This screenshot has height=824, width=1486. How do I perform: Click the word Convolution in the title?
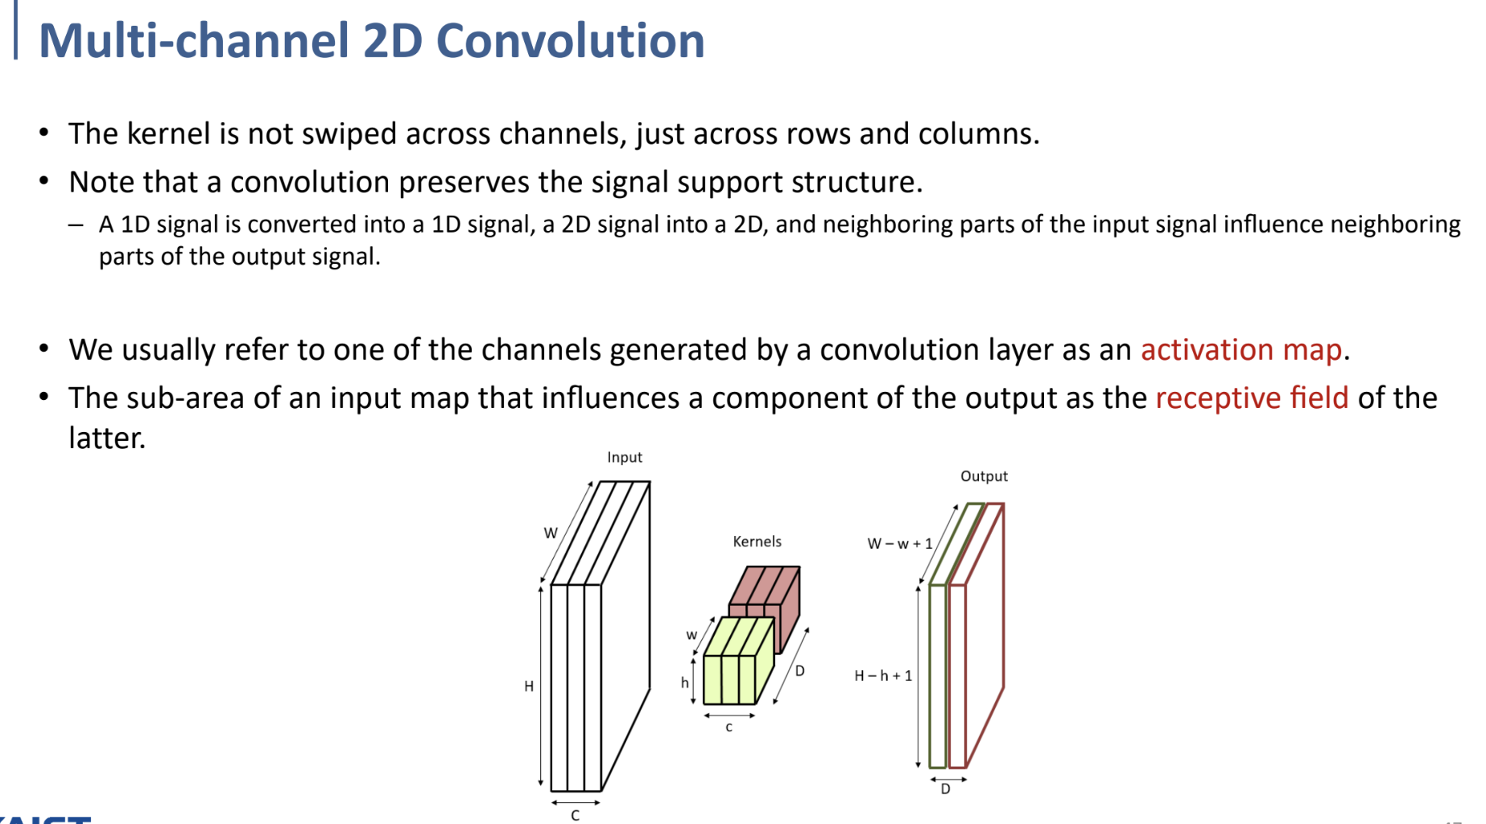570,40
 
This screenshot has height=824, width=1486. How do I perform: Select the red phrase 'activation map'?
1240,350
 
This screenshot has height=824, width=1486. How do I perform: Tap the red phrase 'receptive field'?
1251,398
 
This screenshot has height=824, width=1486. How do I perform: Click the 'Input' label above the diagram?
624,457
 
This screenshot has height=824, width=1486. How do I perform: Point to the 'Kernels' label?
757,542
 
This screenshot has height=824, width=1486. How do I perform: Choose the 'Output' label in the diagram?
983,476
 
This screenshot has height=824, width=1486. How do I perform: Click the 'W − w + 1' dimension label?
899,544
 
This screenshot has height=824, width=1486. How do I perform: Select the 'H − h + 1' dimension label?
883,676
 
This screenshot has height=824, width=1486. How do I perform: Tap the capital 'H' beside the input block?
529,686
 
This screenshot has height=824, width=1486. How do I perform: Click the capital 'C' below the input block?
575,815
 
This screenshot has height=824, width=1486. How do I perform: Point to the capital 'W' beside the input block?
551,533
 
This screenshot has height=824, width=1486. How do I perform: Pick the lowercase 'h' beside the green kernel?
684,683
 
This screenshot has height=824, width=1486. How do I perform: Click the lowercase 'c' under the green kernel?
729,727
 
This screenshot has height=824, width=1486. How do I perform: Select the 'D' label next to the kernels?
799,671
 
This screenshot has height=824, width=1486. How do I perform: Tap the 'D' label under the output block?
945,789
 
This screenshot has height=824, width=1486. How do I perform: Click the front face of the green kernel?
729,680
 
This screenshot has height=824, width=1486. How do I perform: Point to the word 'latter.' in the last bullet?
107,439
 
